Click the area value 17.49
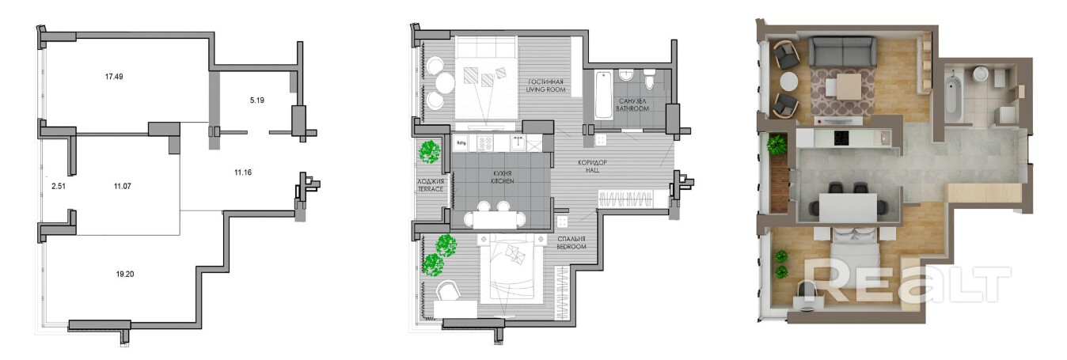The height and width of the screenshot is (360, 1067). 114,76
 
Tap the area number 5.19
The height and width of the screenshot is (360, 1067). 256,100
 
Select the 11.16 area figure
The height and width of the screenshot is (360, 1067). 243,172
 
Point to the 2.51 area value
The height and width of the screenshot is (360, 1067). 59,186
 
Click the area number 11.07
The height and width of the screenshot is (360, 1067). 123,186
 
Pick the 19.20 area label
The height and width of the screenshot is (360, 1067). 125,274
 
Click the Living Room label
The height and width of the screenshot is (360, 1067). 545,85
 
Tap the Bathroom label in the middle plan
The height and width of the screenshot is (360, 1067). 632,104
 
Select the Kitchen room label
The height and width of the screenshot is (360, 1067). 503,177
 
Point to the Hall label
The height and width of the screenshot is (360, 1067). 592,166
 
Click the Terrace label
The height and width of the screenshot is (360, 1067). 431,185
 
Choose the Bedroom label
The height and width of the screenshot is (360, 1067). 571,243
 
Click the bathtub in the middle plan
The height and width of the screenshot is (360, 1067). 603,95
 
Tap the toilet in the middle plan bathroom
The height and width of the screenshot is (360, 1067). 650,79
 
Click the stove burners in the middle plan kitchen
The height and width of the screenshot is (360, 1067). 487,143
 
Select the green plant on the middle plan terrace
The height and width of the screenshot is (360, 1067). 430,152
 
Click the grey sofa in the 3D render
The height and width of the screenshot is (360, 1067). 843,51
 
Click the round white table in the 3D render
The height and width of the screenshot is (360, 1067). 789,82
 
